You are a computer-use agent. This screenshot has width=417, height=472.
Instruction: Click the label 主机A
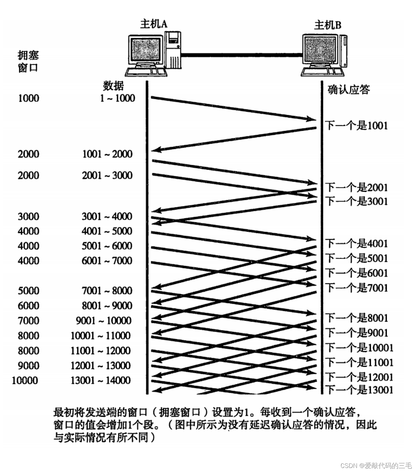(x=154, y=24)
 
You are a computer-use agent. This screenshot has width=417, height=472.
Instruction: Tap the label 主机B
(x=327, y=25)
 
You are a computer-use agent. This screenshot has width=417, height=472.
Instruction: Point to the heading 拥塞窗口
(x=28, y=61)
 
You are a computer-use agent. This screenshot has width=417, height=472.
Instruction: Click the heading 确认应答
(x=349, y=90)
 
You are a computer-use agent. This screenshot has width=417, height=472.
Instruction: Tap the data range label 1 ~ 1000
(x=117, y=98)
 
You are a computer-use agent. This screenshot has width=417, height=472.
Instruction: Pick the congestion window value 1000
(x=29, y=98)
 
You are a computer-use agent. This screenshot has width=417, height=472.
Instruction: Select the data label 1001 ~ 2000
(x=107, y=154)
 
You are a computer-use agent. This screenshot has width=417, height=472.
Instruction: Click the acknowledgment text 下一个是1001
(x=356, y=126)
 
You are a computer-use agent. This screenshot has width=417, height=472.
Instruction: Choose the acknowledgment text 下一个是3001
(x=356, y=201)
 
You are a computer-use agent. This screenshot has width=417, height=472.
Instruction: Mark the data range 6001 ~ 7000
(x=107, y=261)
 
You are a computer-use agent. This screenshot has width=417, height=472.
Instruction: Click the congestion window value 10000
(x=25, y=381)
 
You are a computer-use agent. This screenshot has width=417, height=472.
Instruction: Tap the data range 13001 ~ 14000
(x=100, y=381)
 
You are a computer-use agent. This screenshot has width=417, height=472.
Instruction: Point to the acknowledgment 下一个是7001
(x=356, y=288)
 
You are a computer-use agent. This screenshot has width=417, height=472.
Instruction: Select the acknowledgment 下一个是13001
(x=359, y=390)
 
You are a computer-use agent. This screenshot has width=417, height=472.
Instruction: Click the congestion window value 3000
(x=29, y=216)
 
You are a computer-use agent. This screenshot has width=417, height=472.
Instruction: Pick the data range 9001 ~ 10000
(x=103, y=321)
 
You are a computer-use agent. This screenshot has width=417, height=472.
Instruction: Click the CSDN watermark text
(x=376, y=466)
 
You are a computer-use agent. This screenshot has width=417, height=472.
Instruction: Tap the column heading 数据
(x=113, y=86)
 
